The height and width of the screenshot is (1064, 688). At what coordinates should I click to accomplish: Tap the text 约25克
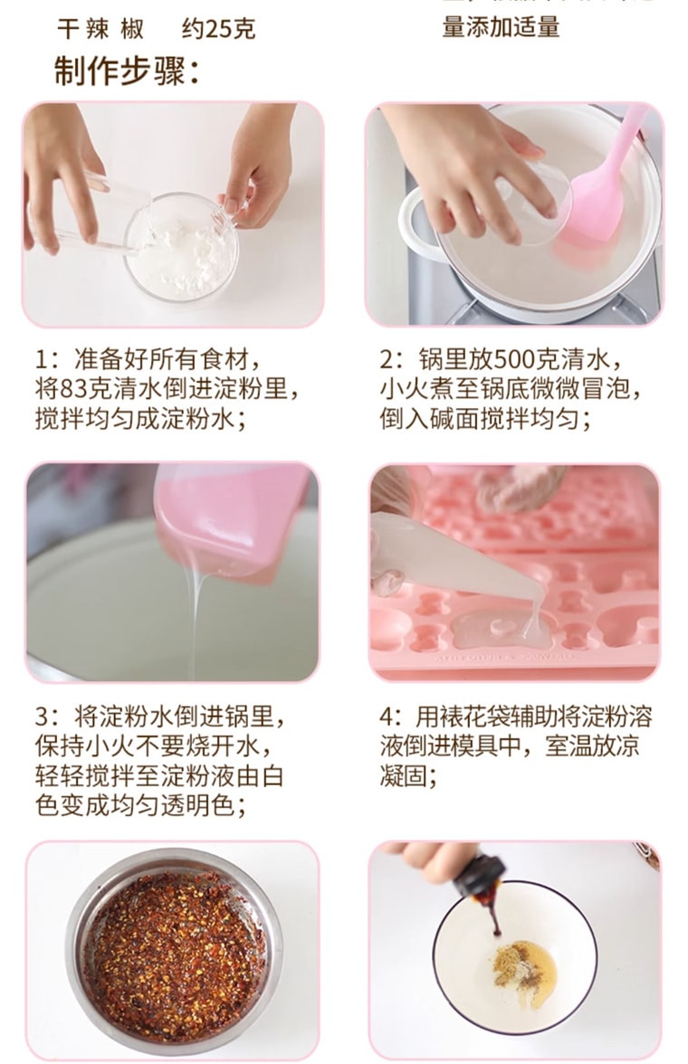click(218, 29)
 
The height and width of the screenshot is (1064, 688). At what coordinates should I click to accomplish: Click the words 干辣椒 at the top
click(100, 29)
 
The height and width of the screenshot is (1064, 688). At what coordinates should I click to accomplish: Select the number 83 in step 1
click(72, 390)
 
